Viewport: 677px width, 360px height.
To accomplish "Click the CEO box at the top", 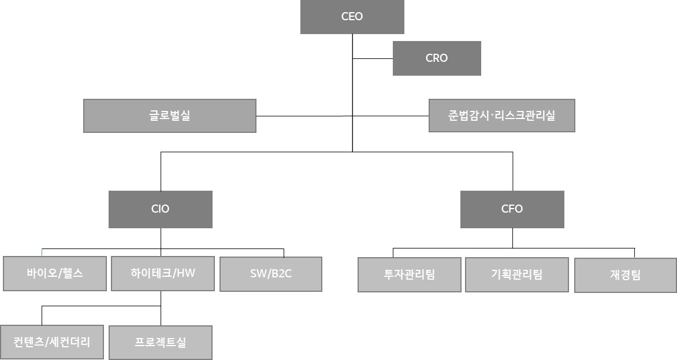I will pos(352,17).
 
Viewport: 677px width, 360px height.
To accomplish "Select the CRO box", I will pos(437,58).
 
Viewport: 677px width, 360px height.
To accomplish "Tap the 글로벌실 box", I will pos(169,116).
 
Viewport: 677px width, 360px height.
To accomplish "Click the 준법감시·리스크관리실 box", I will pos(501,116).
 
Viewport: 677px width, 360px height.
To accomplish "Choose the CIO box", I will pos(160,209).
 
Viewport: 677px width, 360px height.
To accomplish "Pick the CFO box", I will pos(512,209).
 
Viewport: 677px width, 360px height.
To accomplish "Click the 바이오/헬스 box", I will pos(55,273).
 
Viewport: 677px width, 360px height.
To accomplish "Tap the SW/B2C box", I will pos(271,274).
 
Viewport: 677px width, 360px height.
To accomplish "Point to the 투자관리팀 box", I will pos(410,274).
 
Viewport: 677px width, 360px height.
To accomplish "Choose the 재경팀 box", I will pos(625,275).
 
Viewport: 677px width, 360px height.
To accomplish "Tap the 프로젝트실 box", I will pos(160,343).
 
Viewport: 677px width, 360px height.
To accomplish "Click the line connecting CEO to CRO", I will pos(373,58).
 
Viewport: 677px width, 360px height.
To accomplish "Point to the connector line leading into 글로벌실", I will pos(303,116).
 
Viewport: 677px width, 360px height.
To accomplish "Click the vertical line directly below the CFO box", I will pos(512,237).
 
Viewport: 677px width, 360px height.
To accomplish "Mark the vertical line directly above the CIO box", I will pos(161,171).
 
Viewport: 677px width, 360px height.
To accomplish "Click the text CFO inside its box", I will pos(512,209).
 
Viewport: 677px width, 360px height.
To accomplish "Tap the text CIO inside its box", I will pos(160,209).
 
